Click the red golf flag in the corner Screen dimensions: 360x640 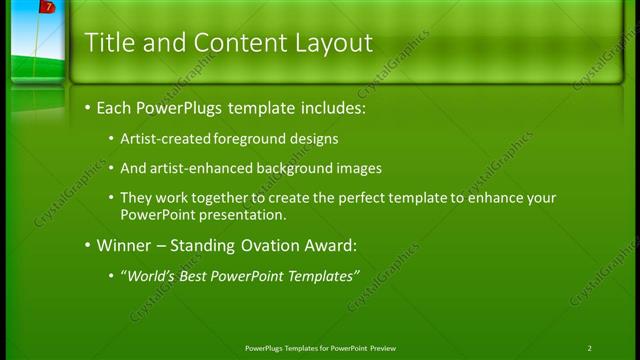click(x=46, y=8)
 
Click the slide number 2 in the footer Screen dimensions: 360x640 click(x=590, y=348)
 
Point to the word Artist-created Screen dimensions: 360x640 click(x=166, y=138)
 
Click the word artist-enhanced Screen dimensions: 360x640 click(x=205, y=168)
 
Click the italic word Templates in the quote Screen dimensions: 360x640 click(x=321, y=276)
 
